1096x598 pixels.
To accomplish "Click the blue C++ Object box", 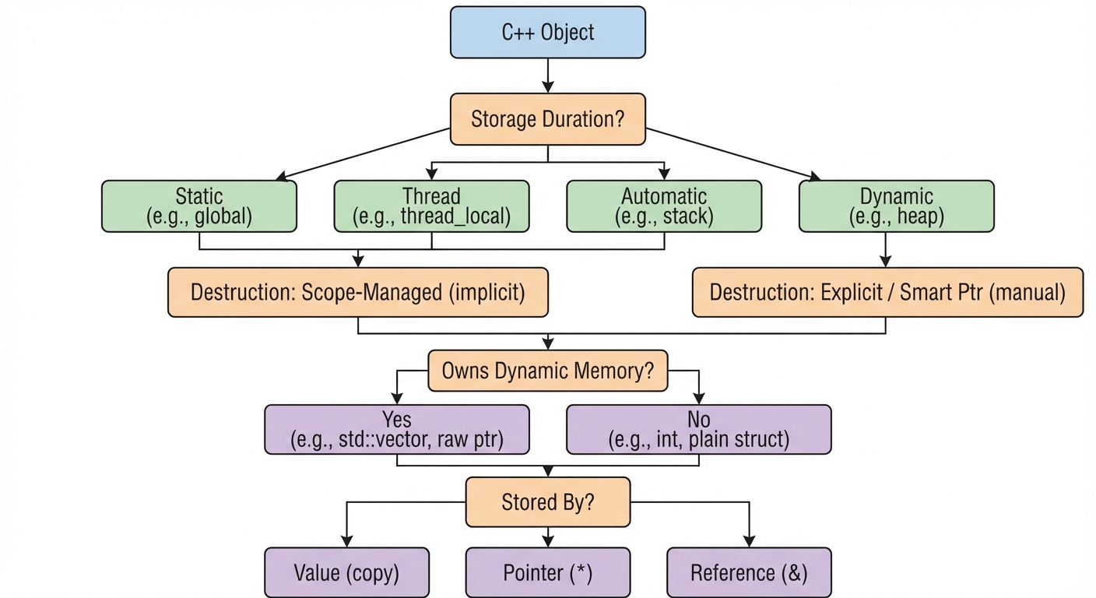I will point(548,32).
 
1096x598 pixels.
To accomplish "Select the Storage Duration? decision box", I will point(548,120).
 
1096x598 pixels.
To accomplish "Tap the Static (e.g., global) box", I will point(199,206).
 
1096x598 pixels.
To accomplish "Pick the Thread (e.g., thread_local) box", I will point(431,206).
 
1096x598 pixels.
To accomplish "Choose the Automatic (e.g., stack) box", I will point(664,206).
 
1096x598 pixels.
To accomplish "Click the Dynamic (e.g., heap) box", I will point(896,206).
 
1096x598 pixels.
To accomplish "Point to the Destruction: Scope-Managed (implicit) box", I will point(357,293).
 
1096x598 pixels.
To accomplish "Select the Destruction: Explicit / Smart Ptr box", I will point(887,293).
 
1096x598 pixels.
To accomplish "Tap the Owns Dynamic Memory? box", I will point(548,371).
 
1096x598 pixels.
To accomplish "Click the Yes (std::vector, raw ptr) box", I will point(397,429).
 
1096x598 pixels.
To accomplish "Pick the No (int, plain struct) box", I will point(698,429).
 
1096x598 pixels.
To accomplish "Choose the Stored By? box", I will point(548,502).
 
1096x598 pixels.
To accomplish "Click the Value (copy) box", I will point(346,573).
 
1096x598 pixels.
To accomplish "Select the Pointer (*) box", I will point(548,573).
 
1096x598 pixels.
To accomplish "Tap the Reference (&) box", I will point(749,573).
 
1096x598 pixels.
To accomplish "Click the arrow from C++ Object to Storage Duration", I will point(548,76).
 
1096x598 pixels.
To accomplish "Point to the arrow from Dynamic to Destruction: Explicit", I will point(885,250).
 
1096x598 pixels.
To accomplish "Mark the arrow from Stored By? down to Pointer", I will point(548,537).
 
